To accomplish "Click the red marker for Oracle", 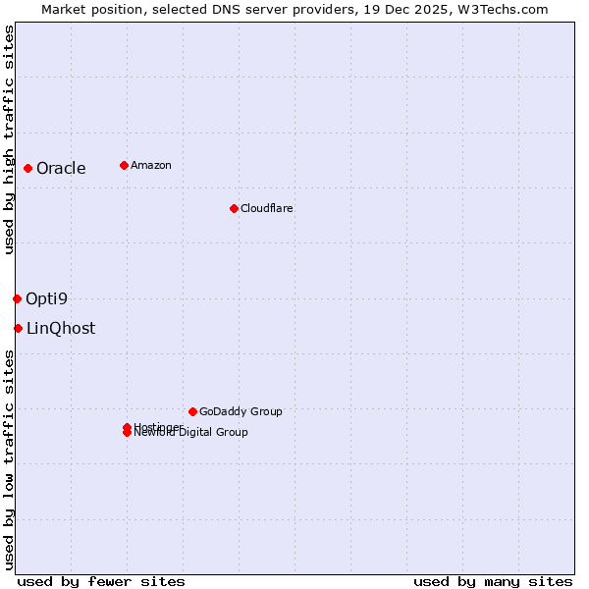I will coord(28,168).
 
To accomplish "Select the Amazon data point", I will coord(124,165).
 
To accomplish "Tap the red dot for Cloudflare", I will coord(234,208).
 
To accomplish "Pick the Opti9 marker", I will coord(17,298).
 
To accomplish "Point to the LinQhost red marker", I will coord(18,328).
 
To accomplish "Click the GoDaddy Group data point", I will coord(192,411).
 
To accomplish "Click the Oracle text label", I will coord(61,169).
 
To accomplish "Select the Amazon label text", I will coord(151,165).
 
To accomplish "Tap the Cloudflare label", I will coord(267,208).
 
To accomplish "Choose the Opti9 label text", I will coord(47,299).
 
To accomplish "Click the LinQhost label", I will coord(61,329).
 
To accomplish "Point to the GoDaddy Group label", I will coord(241,411).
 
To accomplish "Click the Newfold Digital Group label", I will coord(191,433).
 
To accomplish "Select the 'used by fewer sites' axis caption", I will coord(101,581).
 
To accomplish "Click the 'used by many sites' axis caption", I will coord(493,581).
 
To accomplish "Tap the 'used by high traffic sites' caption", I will coord(9,140).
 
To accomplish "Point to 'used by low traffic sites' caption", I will coord(9,459).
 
